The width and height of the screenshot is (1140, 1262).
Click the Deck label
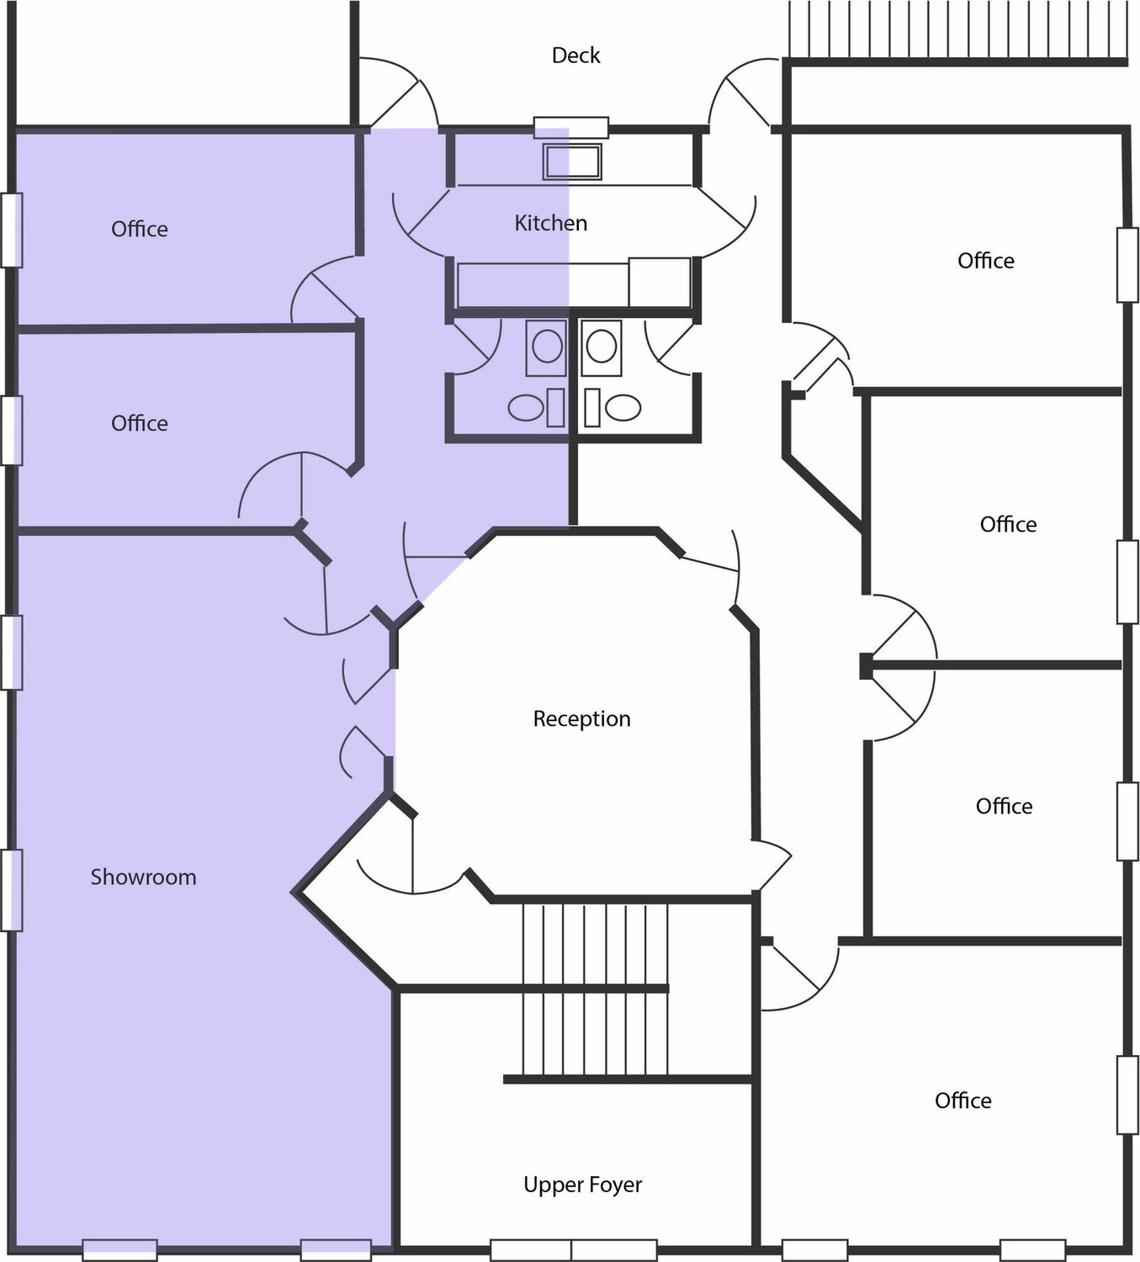point(575,56)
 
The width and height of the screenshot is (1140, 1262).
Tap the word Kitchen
point(550,223)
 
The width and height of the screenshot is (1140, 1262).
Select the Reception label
point(582,718)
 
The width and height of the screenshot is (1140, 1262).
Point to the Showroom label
point(143,877)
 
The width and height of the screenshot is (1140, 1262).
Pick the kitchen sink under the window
point(572,162)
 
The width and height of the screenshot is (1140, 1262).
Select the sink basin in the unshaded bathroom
point(601,347)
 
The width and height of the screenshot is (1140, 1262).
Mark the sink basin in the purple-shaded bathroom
point(546,347)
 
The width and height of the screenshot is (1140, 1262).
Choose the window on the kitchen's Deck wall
point(571,127)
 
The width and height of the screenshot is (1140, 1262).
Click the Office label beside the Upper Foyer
point(962,1100)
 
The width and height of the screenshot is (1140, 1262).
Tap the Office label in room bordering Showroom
point(139,422)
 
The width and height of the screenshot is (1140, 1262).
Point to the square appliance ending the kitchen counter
point(660,282)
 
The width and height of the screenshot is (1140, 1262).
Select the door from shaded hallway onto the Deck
point(403,94)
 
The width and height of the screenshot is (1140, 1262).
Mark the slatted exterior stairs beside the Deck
point(957,30)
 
